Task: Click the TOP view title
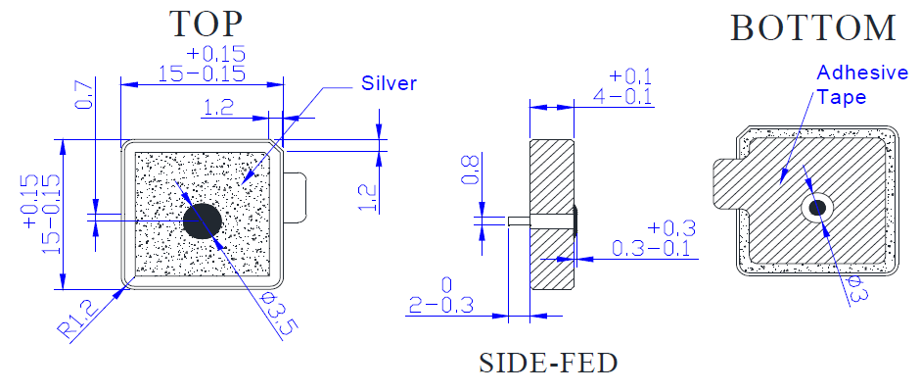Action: (206, 24)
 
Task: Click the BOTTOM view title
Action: (813, 27)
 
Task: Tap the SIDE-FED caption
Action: (549, 363)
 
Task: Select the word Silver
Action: (389, 83)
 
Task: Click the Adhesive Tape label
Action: (862, 84)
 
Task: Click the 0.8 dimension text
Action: (473, 170)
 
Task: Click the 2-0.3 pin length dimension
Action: (440, 305)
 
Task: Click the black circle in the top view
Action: (203, 220)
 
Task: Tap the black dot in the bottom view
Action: (817, 207)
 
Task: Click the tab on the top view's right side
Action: (296, 197)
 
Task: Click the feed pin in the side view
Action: (520, 220)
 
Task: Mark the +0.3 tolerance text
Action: (671, 228)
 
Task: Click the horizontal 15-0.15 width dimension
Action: (202, 74)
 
